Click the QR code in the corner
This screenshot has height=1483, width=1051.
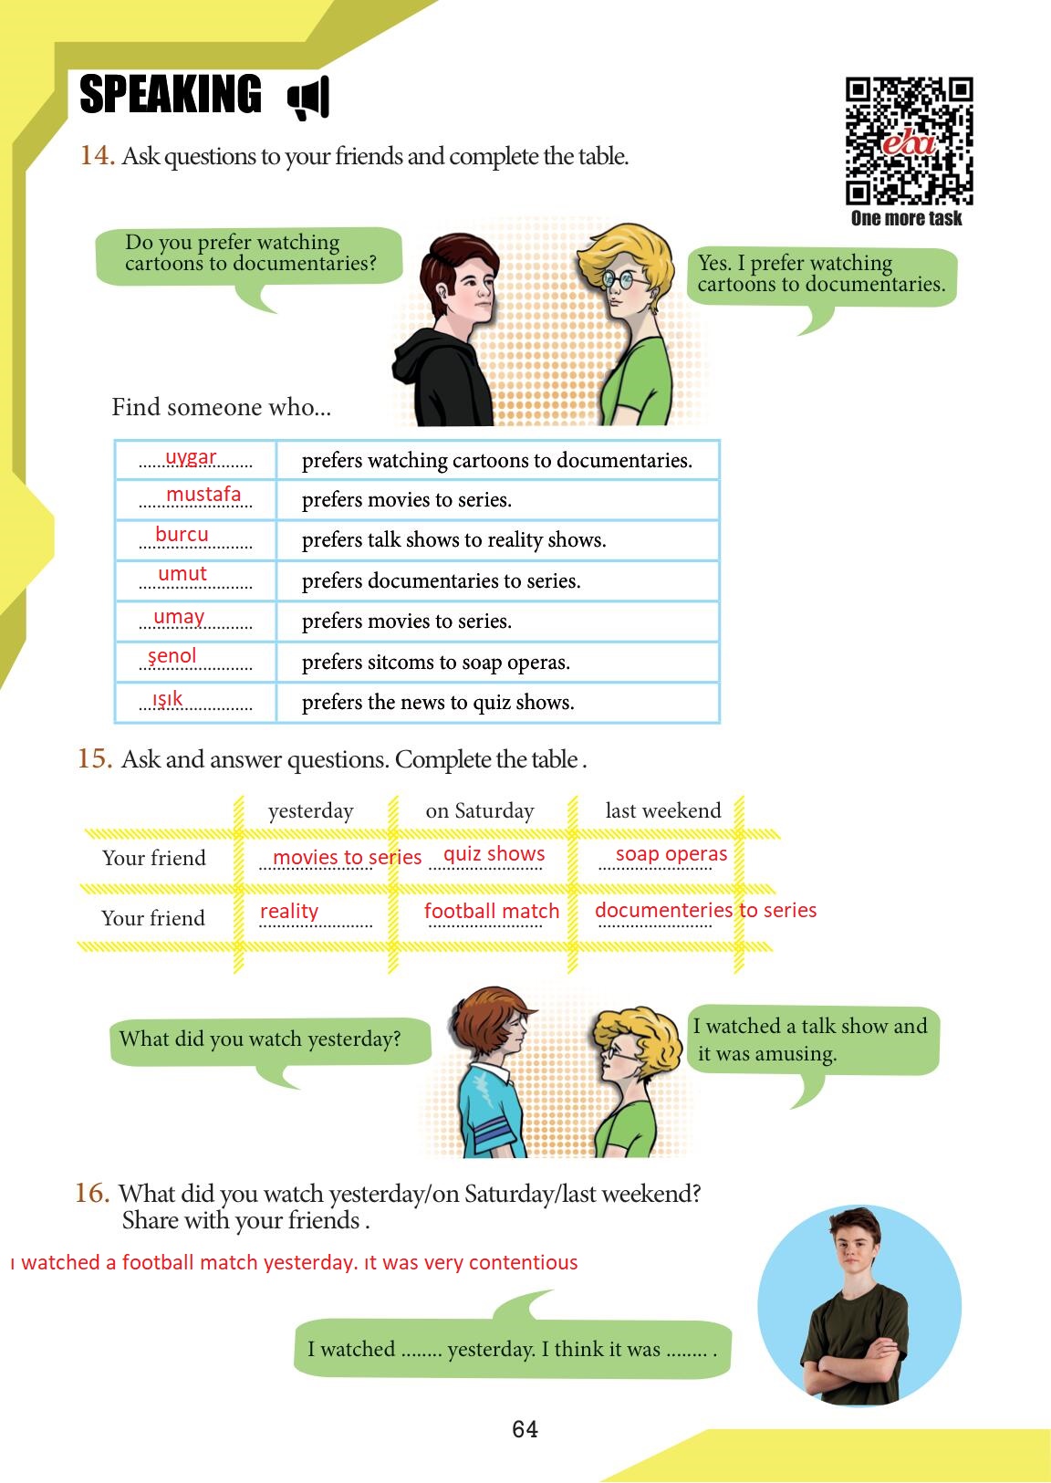point(909,141)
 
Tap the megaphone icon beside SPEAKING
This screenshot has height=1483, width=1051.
point(308,98)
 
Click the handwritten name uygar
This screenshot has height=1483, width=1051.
point(191,456)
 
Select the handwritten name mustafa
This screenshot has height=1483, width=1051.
point(203,495)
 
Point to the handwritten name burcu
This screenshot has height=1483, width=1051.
point(182,534)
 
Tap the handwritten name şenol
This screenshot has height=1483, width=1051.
point(172,655)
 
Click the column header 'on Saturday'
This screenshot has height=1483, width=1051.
point(479,810)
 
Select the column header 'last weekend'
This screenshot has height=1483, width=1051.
point(663,810)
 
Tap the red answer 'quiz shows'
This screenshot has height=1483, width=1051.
point(494,854)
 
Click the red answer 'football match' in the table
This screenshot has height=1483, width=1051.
point(491,911)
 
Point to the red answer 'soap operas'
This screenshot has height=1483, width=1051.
point(671,854)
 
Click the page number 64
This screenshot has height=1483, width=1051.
point(525,1429)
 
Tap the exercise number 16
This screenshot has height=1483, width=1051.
point(92,1193)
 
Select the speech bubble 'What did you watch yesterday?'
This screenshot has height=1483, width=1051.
point(260,1039)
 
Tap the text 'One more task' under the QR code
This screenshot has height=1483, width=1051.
point(906,218)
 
